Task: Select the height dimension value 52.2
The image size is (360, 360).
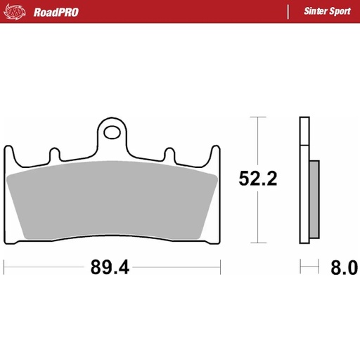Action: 258,178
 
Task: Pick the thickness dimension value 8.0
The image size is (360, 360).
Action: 344,268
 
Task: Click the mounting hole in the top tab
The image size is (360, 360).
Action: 111,130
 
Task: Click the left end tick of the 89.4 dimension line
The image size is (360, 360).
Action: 5,267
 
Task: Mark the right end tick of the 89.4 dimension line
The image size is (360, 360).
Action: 221,267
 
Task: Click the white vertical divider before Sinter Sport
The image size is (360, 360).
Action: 288,12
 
